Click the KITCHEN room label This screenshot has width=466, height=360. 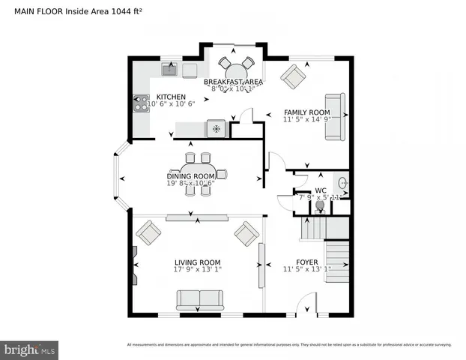pos(171,97)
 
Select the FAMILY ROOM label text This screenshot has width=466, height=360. pos(307,111)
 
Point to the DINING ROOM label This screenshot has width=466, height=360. pos(190,175)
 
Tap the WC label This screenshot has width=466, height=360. pos(320,190)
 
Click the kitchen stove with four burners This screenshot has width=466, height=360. pos(141,103)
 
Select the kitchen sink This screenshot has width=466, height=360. pos(169,70)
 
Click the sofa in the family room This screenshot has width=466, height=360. pos(334,116)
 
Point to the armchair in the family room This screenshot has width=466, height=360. pos(293,76)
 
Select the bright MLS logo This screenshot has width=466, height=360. pos(30,349)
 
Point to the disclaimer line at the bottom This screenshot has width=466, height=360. pos(288,345)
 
